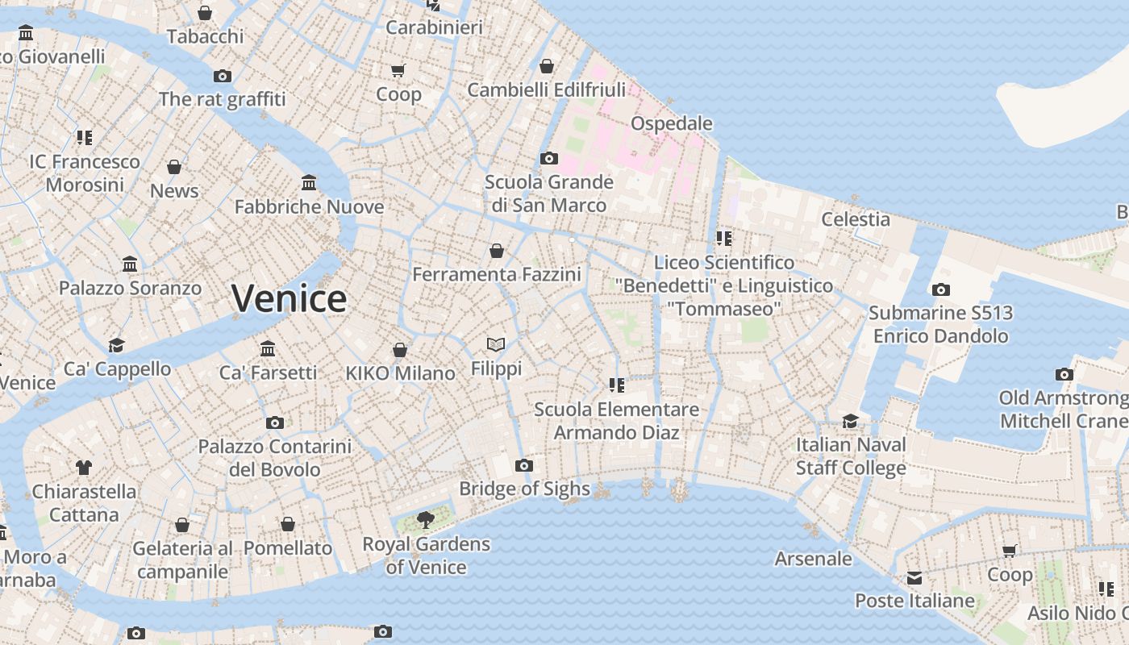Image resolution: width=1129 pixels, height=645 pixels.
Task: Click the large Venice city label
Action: point(289,299)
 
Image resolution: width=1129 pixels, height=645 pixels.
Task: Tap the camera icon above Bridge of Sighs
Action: point(524,465)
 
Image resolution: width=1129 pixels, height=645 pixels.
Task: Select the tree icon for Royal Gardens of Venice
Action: point(425,520)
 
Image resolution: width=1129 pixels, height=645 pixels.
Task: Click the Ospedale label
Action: point(671,123)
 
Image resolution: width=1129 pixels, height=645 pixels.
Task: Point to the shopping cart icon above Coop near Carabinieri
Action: point(398,71)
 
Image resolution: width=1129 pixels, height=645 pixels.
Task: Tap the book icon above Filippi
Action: point(496,345)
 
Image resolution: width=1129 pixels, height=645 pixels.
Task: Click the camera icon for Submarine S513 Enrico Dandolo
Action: point(940,289)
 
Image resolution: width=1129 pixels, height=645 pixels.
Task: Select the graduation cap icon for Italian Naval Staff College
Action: point(850,421)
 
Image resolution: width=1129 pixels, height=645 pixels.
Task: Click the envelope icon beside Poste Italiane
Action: point(914,578)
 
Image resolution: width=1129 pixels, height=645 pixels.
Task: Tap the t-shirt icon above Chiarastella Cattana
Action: point(84,467)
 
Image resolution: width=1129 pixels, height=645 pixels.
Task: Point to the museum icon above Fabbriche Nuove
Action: point(308,182)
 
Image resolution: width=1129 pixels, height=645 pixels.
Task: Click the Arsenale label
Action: point(813,559)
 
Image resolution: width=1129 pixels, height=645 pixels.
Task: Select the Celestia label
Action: point(856,219)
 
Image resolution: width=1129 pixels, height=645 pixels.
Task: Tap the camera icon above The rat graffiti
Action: point(222,76)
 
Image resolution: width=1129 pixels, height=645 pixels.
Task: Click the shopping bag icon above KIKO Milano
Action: point(399,350)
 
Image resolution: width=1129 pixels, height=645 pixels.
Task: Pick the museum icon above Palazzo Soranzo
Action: point(130,264)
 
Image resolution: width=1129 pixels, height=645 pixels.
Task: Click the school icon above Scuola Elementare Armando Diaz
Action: point(616,385)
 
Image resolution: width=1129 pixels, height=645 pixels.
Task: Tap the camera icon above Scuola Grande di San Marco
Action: point(548,158)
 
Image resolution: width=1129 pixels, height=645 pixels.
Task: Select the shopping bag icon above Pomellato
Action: point(288,524)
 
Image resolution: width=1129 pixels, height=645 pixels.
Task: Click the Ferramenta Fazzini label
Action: point(497,275)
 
